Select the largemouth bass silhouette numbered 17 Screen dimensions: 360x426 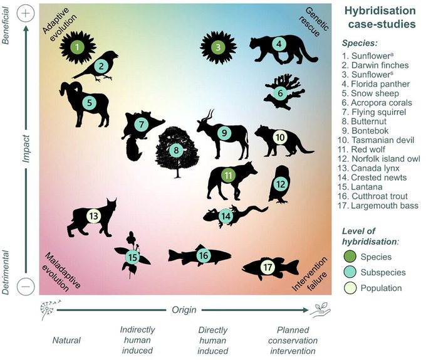268,268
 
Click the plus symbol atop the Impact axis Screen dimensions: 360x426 27,13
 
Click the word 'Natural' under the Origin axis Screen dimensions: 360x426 67,341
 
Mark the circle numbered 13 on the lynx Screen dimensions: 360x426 93,216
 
